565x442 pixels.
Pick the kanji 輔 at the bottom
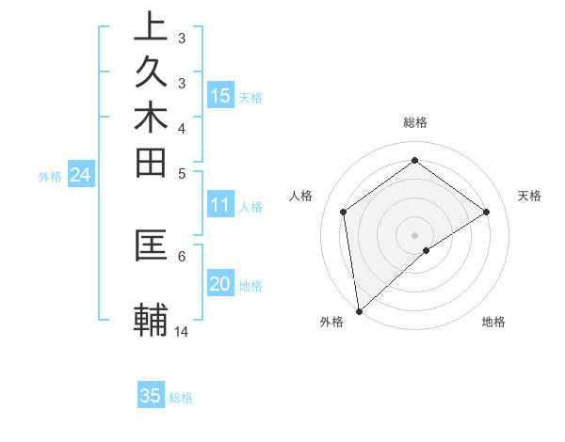click(x=150, y=320)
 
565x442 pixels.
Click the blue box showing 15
click(x=220, y=96)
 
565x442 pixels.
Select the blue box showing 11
click(x=220, y=205)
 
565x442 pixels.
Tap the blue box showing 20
click(x=220, y=285)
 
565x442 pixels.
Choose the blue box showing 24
click(x=80, y=175)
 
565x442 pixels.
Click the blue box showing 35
click(x=151, y=396)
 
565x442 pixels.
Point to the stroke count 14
click(x=182, y=331)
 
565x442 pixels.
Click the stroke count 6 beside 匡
click(x=182, y=254)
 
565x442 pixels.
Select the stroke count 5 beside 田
click(x=182, y=173)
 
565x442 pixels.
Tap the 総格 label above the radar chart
click(x=415, y=122)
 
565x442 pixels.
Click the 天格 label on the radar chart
click(x=529, y=196)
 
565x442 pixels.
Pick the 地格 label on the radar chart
click(x=493, y=322)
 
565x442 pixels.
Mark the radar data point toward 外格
click(x=359, y=310)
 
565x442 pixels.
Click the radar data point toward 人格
click(x=344, y=212)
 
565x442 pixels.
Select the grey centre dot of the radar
click(x=415, y=234)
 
